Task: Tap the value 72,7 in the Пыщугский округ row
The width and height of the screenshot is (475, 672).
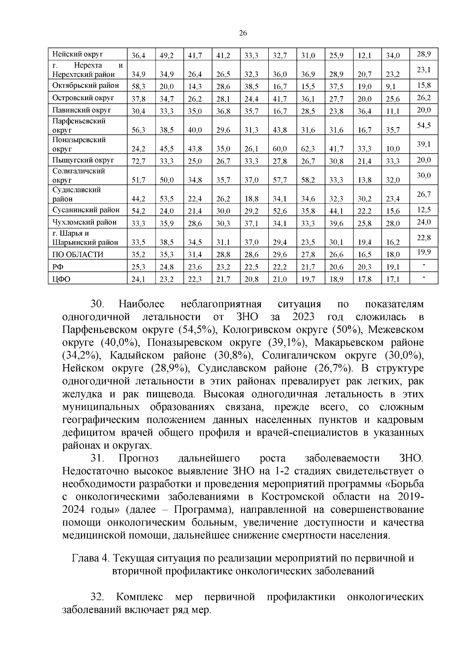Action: pyautogui.click(x=138, y=161)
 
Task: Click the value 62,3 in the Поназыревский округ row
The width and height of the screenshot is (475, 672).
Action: pyautogui.click(x=308, y=149)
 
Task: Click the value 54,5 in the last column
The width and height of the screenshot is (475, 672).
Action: pyautogui.click(x=424, y=126)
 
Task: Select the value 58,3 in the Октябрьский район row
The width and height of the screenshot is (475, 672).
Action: pyautogui.click(x=138, y=86)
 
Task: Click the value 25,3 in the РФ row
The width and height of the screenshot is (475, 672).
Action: pyautogui.click(x=138, y=267)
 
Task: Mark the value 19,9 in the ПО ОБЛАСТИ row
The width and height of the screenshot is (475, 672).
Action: pyautogui.click(x=424, y=252)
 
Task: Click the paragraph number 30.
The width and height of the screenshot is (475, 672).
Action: pyautogui.click(x=97, y=304)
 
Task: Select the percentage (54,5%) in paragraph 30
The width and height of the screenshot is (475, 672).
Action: pyautogui.click(x=196, y=330)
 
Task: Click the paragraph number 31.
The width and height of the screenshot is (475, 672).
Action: pyautogui.click(x=97, y=459)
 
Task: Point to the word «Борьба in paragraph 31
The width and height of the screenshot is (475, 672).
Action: pyautogui.click(x=404, y=484)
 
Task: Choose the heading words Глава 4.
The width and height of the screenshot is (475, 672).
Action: pyautogui.click(x=90, y=559)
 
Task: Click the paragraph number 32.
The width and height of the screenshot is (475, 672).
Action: pyautogui.click(x=97, y=597)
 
